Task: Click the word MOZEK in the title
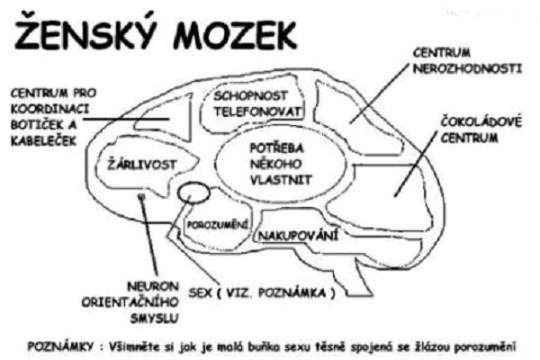tap(235, 35)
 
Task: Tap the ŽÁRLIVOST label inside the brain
tap(142, 165)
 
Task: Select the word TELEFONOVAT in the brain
tap(257, 112)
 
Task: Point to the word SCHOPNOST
tap(250, 95)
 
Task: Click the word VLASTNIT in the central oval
tap(281, 180)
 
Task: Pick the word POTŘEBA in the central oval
tap(276, 148)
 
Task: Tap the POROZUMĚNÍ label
tap(217, 225)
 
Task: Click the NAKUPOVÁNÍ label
tap(298, 236)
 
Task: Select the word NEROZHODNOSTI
tap(468, 68)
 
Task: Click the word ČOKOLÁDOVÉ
tap(481, 122)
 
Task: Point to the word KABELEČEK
tap(43, 141)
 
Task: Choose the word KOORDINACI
tap(49, 109)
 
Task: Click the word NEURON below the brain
tap(148, 286)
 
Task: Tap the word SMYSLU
tap(154, 319)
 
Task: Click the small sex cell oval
tap(193, 193)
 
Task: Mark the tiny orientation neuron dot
tap(141, 196)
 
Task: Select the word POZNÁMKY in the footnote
tap(60, 346)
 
